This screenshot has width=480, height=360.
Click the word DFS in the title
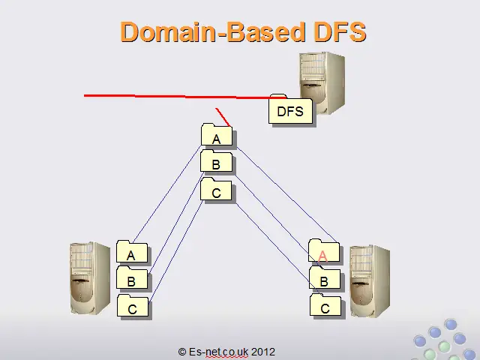pos(336,31)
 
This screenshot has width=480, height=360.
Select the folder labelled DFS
pos(290,110)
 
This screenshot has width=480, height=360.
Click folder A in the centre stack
pos(217,137)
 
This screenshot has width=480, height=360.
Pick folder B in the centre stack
pos(217,164)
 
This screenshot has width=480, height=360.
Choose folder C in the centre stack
pos(217,191)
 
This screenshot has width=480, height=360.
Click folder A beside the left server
pos(132,253)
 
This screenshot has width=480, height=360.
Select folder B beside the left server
pos(132,280)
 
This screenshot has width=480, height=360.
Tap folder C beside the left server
pos(133,307)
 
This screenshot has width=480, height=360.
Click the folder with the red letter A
pos(324,254)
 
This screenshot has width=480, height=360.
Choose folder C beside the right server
pos(325,307)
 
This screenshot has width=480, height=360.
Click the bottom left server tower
pos(89,277)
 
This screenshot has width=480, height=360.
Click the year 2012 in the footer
pos(263,351)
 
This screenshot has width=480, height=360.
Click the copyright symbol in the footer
pos(182,351)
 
